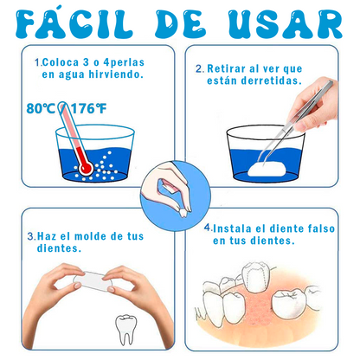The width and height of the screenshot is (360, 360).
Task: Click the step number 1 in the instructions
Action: click(x=36, y=62)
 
